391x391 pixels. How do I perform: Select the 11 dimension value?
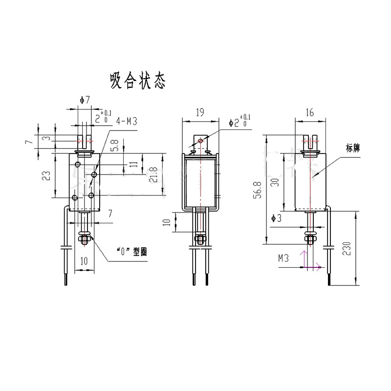click(133, 164)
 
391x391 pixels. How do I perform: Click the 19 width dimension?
click(199, 112)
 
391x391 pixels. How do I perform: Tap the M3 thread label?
click(283, 258)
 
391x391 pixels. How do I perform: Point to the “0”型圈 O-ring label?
click(131, 252)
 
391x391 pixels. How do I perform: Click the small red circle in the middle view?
click(200, 141)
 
